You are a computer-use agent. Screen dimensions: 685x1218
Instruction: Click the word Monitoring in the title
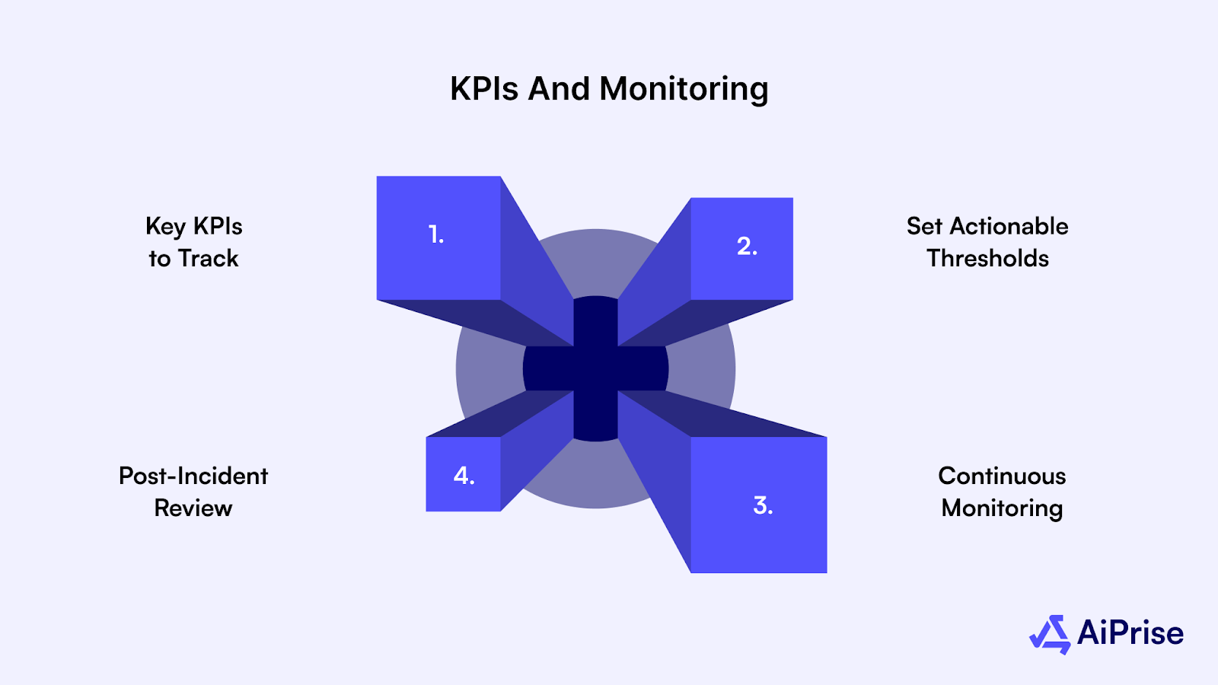coord(684,90)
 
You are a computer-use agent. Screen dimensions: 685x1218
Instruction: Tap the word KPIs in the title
coord(484,89)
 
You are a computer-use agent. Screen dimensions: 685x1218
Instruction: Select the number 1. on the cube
coord(436,234)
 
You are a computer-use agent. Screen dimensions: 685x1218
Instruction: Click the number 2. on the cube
coord(747,247)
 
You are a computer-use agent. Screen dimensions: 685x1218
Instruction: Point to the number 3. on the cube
coord(763,505)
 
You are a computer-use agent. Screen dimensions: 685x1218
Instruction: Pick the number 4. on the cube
coord(464,476)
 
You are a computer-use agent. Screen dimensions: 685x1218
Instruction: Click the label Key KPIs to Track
coord(193,242)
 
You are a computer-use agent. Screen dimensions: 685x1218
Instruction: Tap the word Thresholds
coord(987,259)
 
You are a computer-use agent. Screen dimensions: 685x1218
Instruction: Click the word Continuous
coord(1002,476)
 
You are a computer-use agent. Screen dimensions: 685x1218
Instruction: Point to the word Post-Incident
coord(193,476)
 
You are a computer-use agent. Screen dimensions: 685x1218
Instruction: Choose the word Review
coord(193,508)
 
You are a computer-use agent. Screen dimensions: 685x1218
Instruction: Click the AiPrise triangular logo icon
coord(1051,634)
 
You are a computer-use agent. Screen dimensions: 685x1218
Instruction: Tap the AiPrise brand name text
coord(1130,633)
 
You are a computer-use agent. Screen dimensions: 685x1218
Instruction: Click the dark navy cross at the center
coord(595,369)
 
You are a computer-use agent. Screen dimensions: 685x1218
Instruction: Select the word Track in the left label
coord(209,259)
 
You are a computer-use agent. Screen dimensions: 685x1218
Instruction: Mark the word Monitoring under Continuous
coord(1002,508)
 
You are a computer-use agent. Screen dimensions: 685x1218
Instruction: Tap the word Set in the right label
coord(924,226)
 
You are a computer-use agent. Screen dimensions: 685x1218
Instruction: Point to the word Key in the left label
coord(165,227)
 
